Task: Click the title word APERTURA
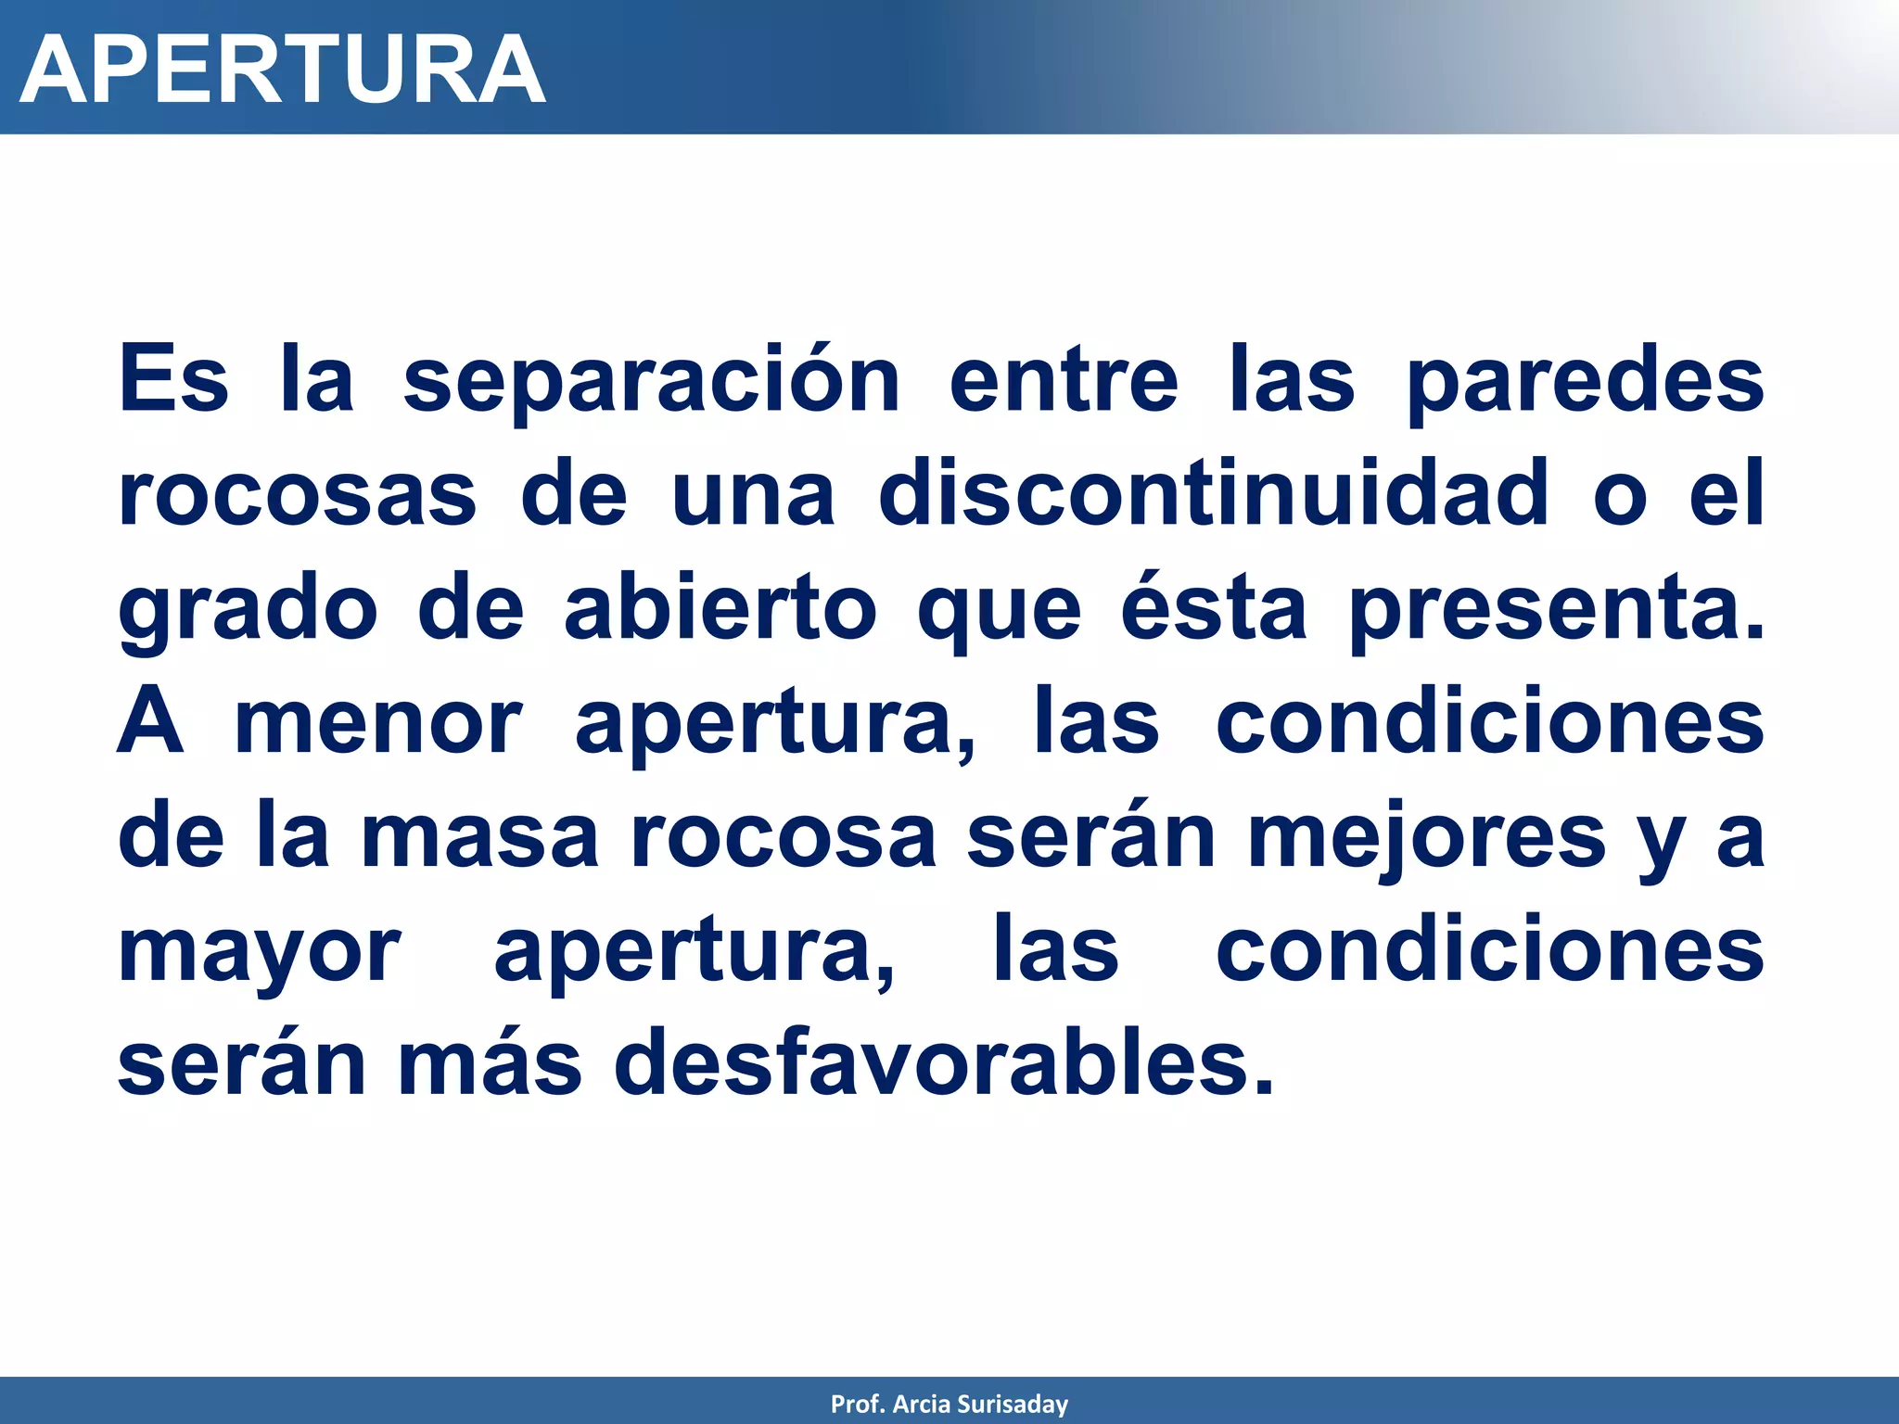(282, 70)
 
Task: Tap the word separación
(652, 381)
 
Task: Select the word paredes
(1585, 381)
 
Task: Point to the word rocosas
(298, 494)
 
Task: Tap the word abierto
(720, 609)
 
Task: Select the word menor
(378, 724)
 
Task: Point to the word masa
(479, 838)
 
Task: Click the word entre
(1064, 381)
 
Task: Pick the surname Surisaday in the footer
(1013, 1405)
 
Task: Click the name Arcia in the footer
(922, 1405)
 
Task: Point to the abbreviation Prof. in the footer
(858, 1405)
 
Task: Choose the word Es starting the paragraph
(173, 381)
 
